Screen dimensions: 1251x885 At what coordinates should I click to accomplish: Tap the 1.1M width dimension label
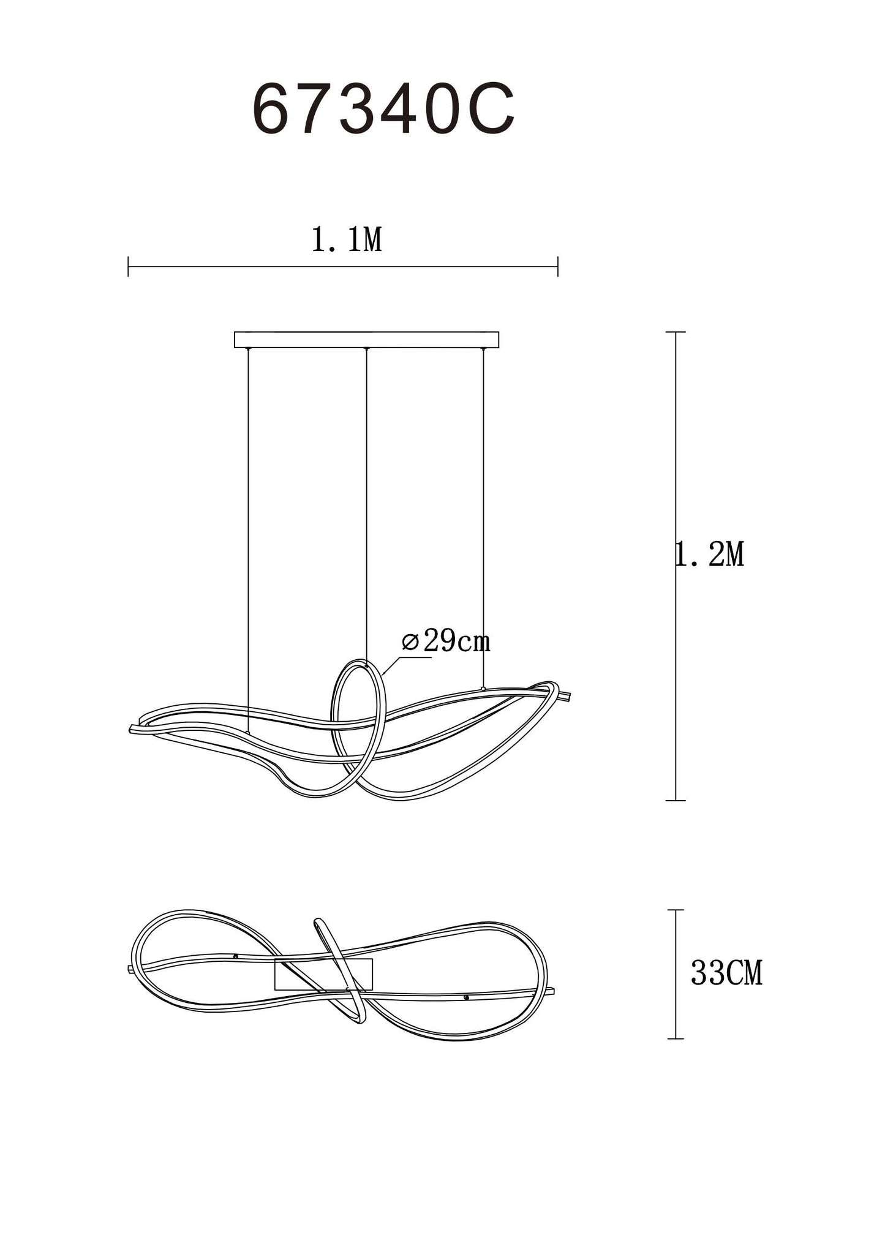(347, 240)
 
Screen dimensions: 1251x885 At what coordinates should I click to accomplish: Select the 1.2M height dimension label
(710, 554)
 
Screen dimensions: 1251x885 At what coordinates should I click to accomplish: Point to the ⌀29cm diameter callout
(446, 641)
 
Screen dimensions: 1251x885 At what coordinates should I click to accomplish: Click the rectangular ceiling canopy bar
(366, 339)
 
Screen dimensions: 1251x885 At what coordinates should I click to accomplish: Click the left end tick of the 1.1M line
(128, 266)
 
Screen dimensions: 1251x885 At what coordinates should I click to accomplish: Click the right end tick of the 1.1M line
(558, 266)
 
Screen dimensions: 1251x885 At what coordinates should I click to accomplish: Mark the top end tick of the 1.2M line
(676, 332)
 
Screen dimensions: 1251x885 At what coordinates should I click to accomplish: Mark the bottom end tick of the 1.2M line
(676, 800)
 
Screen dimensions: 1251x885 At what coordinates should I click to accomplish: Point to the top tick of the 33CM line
(676, 910)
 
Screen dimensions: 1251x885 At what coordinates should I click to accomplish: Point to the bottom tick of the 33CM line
(676, 1038)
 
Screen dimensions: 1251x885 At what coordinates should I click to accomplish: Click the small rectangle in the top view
(323, 974)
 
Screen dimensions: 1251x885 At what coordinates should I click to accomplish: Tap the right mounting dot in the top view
(466, 998)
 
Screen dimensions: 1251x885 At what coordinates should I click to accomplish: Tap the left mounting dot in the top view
(236, 956)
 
